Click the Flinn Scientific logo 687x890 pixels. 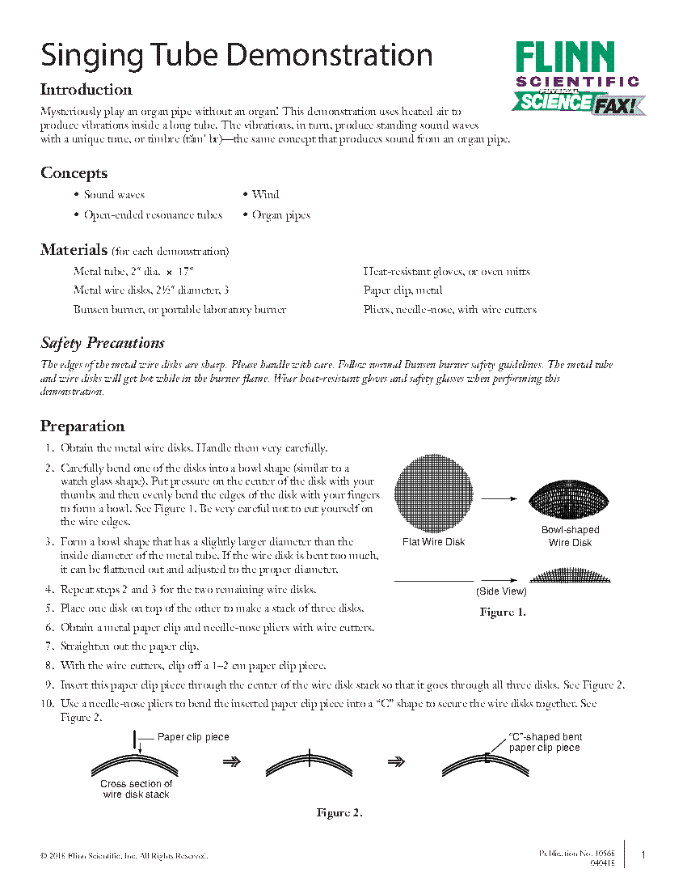click(x=577, y=78)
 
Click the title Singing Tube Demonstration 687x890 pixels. click(x=237, y=55)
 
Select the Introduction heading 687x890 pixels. click(x=86, y=90)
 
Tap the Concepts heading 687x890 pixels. click(x=74, y=173)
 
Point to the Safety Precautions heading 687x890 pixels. click(x=103, y=343)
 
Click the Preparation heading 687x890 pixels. click(x=82, y=426)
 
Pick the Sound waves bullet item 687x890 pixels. click(x=114, y=195)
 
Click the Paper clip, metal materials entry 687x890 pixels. click(x=403, y=290)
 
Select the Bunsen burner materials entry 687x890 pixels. click(x=179, y=310)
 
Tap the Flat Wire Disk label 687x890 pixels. click(x=434, y=542)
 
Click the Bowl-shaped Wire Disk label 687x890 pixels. click(x=571, y=536)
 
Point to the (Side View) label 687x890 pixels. click(x=501, y=591)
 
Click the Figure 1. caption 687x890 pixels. click(x=503, y=612)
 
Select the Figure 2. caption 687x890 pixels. click(x=339, y=813)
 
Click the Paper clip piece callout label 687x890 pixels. click(x=193, y=737)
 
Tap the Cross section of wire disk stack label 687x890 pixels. click(x=136, y=790)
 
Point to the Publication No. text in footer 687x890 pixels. click(x=577, y=854)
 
